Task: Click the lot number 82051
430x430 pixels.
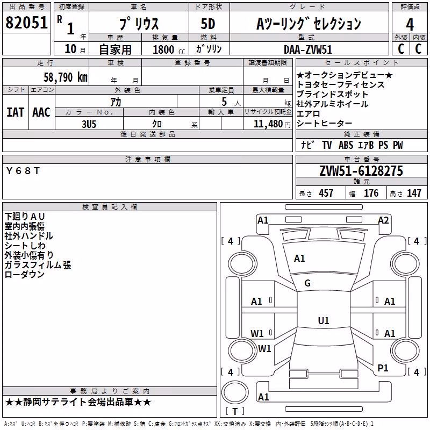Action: coord(26,23)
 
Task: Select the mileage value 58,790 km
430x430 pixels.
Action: coord(66,77)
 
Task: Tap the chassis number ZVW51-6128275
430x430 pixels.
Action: coord(361,171)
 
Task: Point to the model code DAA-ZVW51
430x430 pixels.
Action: coord(308,49)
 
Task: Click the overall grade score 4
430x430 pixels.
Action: coord(410,25)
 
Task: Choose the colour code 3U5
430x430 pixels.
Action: coord(89,124)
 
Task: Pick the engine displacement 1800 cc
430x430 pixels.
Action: coord(169,49)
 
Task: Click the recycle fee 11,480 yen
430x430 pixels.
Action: coord(272,124)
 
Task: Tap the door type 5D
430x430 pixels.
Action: coord(208,24)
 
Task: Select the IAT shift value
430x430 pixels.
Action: coord(15,112)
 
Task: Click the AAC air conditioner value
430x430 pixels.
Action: coord(41,112)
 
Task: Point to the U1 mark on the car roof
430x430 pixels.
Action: coord(324,320)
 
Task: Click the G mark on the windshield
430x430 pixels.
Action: coord(307,283)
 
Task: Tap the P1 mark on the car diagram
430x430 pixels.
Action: coord(383,368)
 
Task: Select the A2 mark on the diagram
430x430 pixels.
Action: coord(383,220)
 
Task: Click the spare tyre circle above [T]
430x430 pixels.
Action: coord(235,393)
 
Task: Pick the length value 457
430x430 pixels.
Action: coord(326,193)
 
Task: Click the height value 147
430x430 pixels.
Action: coord(414,193)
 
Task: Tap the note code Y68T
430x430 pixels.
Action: coord(23,171)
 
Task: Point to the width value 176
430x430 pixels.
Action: coord(371,193)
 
